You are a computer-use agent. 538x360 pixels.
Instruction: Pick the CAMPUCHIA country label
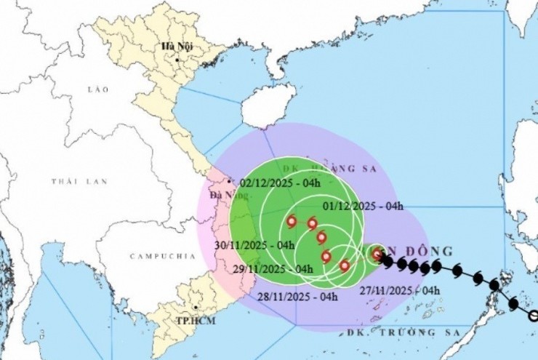tap(163, 256)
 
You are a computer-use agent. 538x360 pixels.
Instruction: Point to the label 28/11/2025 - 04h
tap(299, 297)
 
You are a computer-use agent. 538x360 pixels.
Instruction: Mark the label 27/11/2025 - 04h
tap(401, 290)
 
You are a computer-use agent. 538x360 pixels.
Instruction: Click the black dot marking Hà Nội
tap(176, 60)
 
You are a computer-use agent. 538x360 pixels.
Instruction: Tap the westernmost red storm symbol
tap(292, 222)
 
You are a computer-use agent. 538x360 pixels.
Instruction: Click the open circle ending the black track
tap(533, 316)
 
